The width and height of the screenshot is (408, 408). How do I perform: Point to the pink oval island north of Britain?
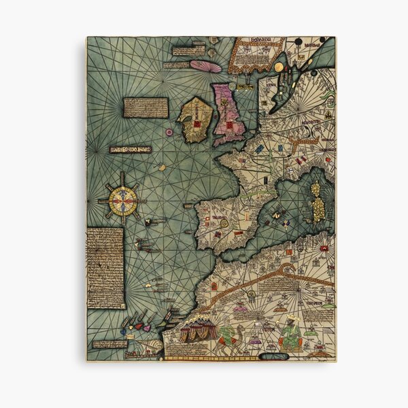(x=205, y=66)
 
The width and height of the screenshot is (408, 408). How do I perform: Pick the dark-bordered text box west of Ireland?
(x=146, y=106)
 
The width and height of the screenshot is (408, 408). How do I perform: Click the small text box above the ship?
(x=109, y=343)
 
